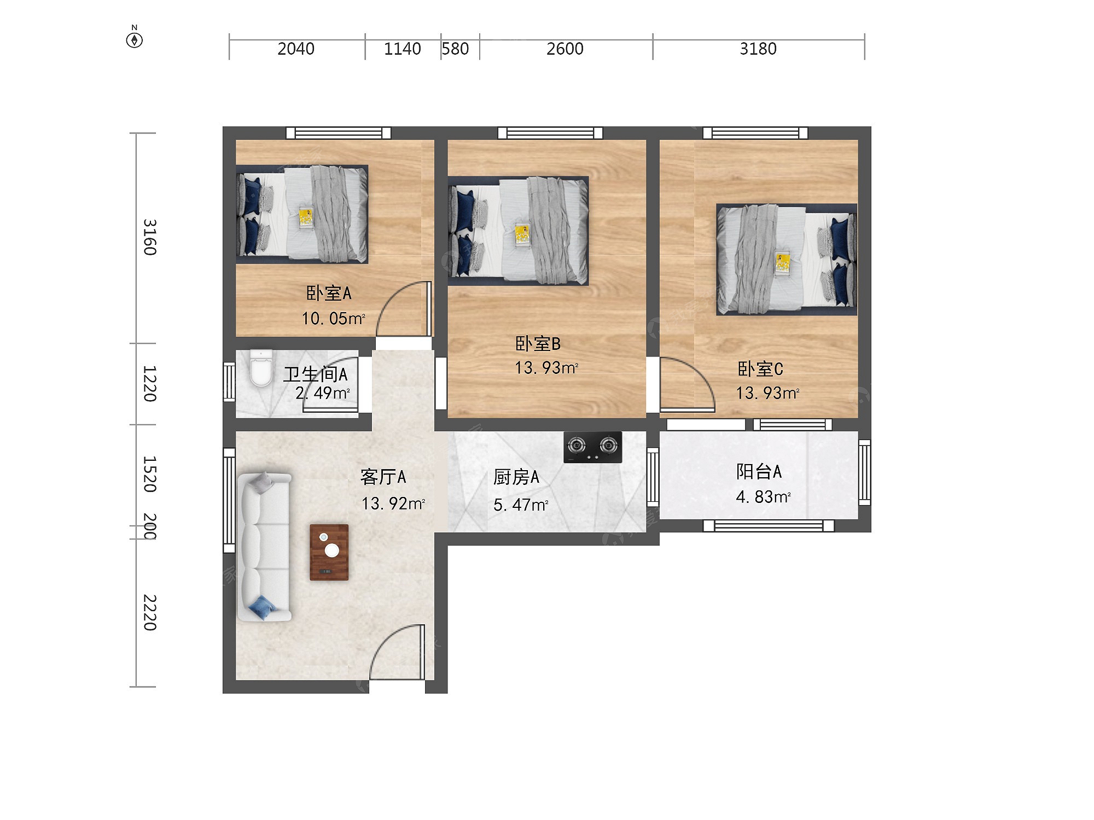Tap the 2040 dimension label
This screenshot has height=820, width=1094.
pyautogui.click(x=296, y=49)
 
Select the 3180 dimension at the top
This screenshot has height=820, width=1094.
pyautogui.click(x=758, y=49)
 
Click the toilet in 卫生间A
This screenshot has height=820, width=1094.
pyautogui.click(x=261, y=368)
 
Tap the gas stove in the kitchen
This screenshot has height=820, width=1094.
pyautogui.click(x=593, y=447)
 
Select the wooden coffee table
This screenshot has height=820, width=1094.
pyautogui.click(x=329, y=552)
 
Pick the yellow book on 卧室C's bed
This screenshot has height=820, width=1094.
pyautogui.click(x=783, y=262)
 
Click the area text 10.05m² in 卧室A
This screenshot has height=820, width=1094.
pyautogui.click(x=333, y=318)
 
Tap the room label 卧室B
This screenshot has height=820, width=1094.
pyautogui.click(x=538, y=343)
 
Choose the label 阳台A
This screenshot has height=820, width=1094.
pyautogui.click(x=759, y=471)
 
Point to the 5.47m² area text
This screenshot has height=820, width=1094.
pyautogui.click(x=521, y=505)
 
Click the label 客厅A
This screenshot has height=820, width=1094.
pyautogui.click(x=383, y=477)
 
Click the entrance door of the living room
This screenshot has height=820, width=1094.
pyautogui.click(x=398, y=653)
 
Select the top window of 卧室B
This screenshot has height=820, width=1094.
pyautogui.click(x=550, y=133)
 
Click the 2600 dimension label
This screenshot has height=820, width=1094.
pyautogui.click(x=565, y=49)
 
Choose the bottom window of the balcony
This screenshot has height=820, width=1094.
pyautogui.click(x=769, y=526)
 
